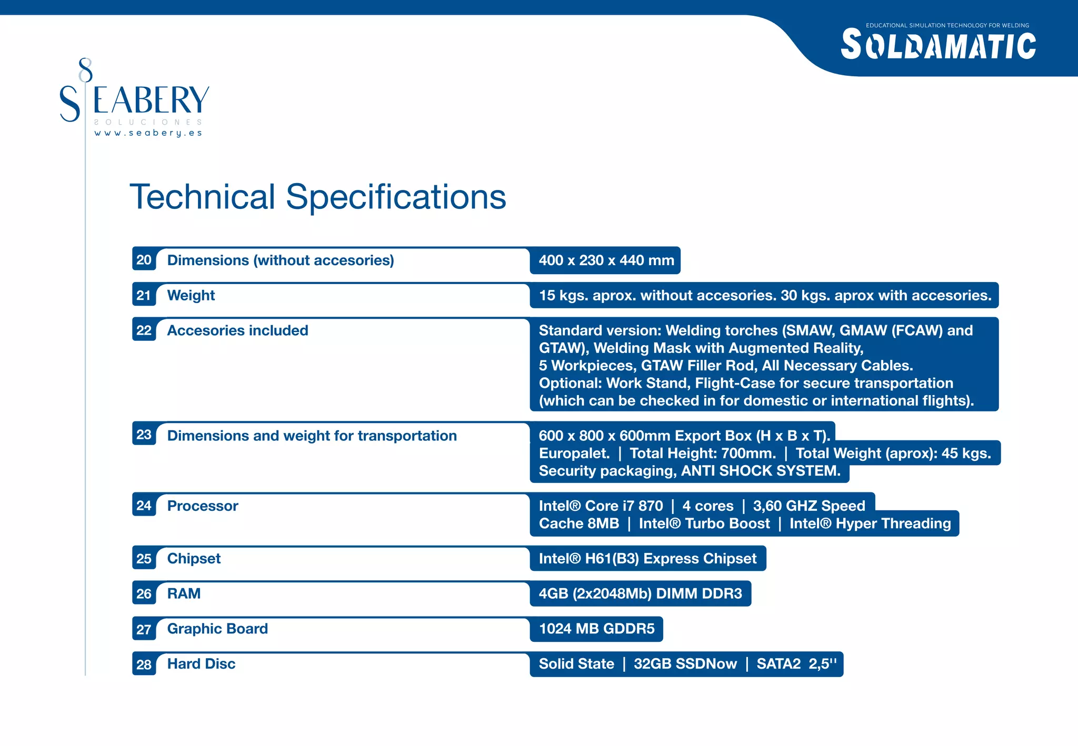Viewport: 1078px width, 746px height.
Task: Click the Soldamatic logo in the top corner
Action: click(x=938, y=45)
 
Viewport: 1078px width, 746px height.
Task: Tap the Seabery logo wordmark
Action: click(x=135, y=100)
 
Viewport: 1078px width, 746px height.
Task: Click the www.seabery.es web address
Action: click(x=148, y=133)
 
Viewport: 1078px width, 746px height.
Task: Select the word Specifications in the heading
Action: click(x=396, y=197)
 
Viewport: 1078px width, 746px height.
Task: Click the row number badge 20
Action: click(x=144, y=260)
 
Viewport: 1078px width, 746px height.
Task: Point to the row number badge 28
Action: click(x=144, y=664)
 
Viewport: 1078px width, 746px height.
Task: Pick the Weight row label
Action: click(x=191, y=296)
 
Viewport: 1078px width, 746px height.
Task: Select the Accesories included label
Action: click(x=237, y=330)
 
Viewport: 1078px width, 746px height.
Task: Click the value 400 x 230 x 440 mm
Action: click(x=606, y=260)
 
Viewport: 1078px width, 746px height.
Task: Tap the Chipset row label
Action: click(x=194, y=559)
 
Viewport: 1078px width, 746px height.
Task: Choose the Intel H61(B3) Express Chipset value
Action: click(x=647, y=559)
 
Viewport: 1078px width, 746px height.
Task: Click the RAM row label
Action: click(x=184, y=593)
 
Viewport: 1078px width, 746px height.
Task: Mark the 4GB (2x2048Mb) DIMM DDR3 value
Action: click(x=640, y=594)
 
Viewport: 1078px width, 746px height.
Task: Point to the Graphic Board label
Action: click(x=217, y=629)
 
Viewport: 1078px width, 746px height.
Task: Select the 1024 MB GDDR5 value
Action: click(x=596, y=629)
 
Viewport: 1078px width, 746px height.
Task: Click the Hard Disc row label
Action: click(x=201, y=664)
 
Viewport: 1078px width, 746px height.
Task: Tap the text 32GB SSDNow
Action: click(x=685, y=664)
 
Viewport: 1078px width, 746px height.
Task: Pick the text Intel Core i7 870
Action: click(x=601, y=506)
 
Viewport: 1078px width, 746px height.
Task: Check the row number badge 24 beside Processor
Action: click(x=144, y=506)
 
